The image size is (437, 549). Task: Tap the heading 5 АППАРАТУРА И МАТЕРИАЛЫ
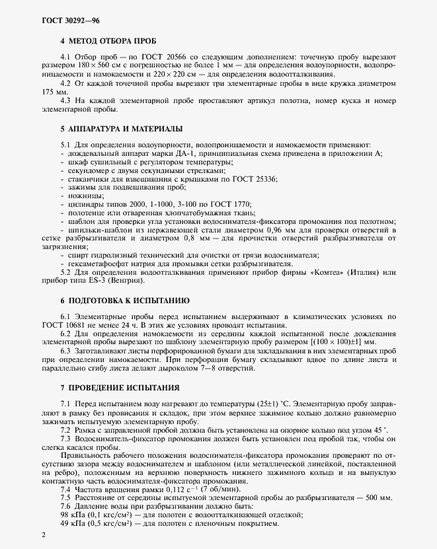112,127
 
